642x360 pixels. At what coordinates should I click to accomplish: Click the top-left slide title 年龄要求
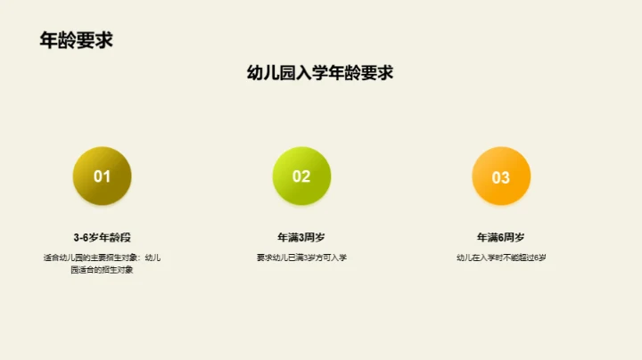[76, 40]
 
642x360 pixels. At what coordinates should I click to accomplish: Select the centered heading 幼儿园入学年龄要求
[320, 73]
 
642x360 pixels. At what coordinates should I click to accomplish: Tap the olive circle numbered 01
[102, 176]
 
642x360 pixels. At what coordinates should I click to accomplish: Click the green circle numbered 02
[301, 176]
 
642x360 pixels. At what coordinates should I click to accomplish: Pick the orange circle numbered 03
[501, 176]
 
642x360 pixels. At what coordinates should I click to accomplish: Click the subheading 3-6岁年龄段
[102, 238]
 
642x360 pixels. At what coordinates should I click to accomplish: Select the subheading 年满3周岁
[301, 238]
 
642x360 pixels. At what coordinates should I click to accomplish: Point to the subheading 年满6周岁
[501, 238]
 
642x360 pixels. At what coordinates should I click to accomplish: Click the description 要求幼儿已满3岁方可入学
[301, 258]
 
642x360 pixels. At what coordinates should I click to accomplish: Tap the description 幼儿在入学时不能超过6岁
[501, 258]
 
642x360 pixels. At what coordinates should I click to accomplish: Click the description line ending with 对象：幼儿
[102, 258]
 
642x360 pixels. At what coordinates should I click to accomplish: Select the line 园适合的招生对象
[102, 269]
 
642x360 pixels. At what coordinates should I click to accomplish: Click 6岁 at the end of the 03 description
[540, 258]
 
